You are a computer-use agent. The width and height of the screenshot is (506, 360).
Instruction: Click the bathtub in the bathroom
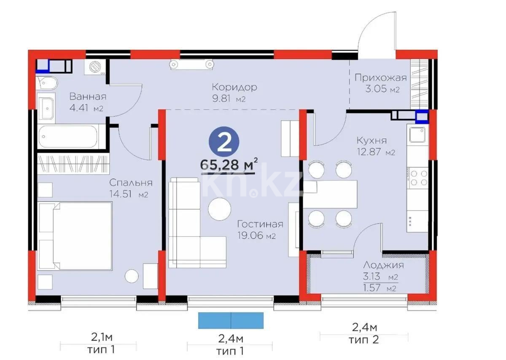point(68,136)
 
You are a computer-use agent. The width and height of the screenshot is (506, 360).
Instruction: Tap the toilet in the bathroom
point(46,83)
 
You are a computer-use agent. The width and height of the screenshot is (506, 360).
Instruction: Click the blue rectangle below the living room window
point(231,320)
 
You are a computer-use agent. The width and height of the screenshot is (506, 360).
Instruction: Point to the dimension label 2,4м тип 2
point(364,333)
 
